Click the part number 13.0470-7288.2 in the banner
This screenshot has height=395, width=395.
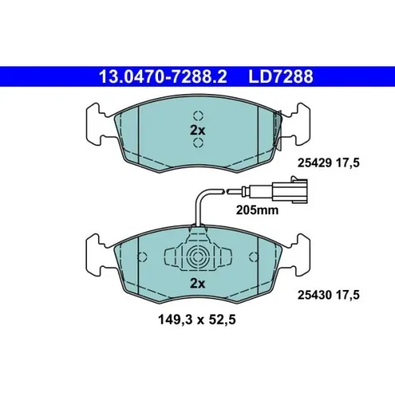(163, 77)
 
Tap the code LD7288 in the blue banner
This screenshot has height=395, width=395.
(280, 77)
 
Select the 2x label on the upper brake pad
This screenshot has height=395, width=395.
(197, 130)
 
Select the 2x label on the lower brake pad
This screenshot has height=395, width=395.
(197, 284)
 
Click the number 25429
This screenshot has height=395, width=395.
(314, 163)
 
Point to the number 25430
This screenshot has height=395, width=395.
(314, 295)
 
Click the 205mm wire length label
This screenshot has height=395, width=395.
(257, 210)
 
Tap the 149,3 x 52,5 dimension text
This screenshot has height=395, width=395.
(197, 320)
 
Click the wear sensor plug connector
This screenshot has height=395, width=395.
(290, 190)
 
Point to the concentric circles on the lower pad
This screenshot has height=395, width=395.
(197, 257)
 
